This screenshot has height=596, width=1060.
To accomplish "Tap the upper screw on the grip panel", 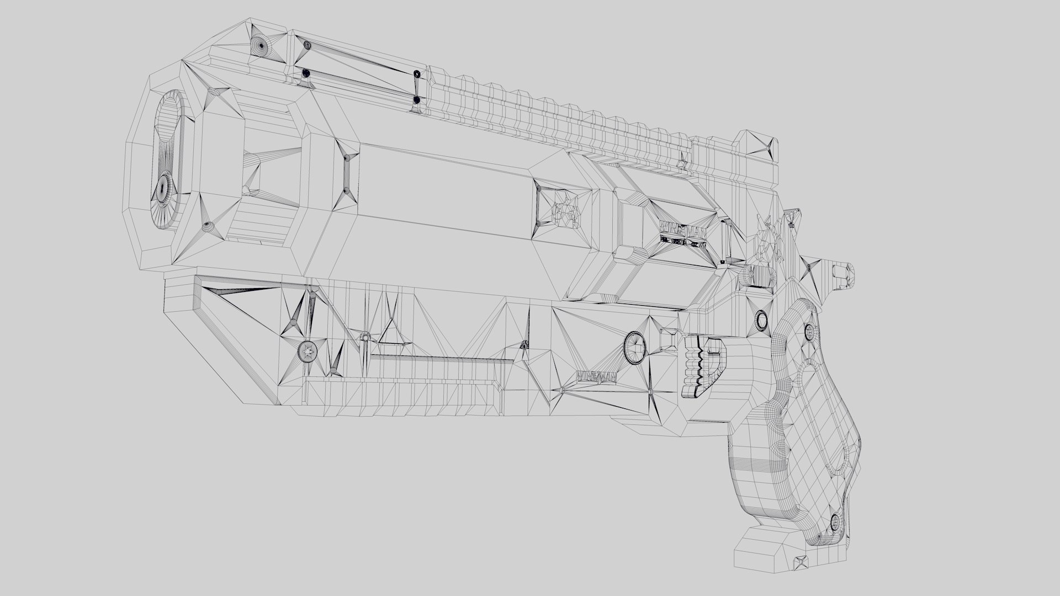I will click(809, 332).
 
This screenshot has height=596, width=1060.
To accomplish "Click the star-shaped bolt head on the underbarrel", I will click(308, 350).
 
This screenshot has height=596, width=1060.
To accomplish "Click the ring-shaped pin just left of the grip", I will click(762, 320).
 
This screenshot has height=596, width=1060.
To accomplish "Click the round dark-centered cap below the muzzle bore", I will click(162, 189).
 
